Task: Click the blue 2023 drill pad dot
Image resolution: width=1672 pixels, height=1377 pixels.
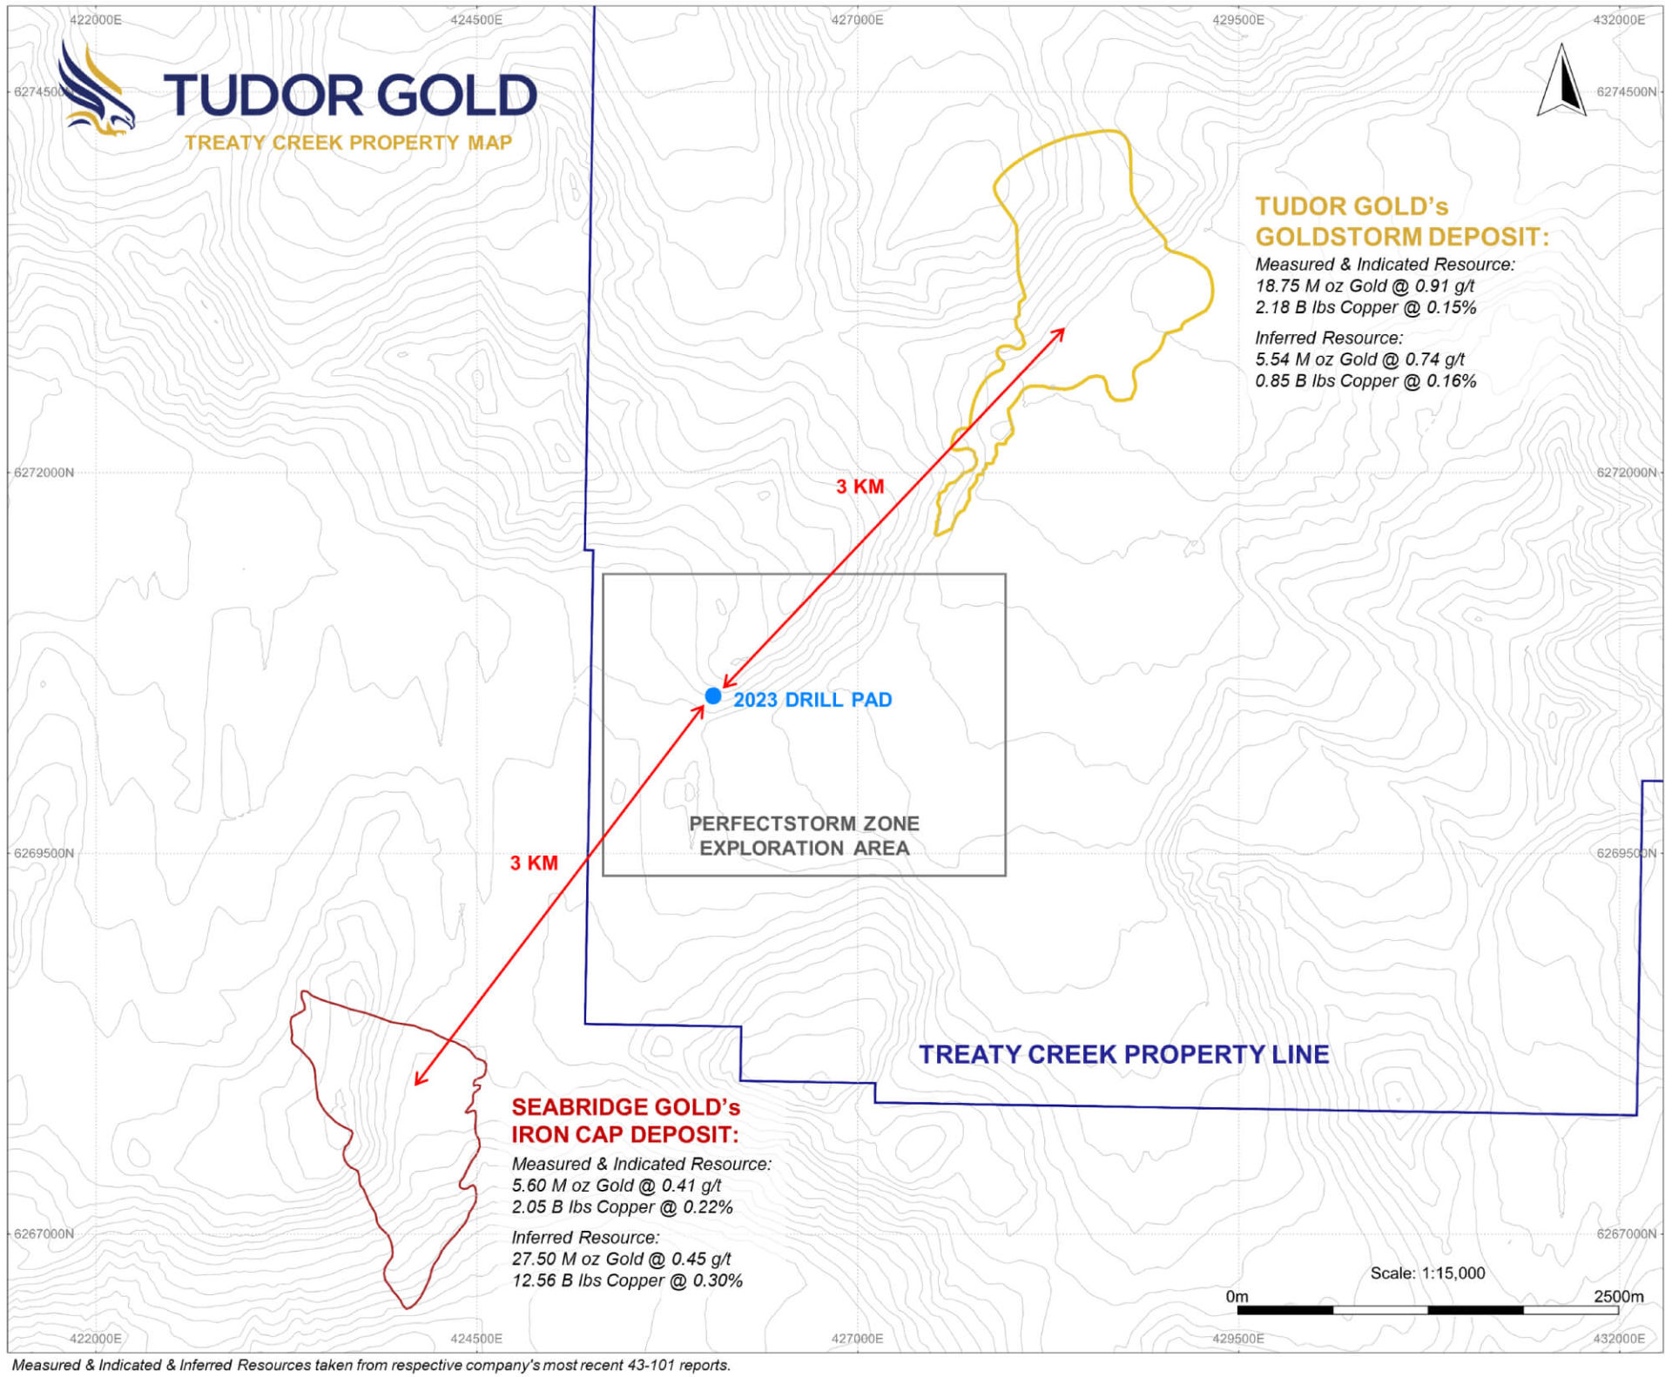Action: (x=713, y=695)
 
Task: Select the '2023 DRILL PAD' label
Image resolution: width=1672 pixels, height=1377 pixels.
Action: (x=812, y=700)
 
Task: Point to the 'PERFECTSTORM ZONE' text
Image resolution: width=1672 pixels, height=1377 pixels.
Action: (x=804, y=823)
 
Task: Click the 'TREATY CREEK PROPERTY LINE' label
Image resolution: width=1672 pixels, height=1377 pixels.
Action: (x=1123, y=1054)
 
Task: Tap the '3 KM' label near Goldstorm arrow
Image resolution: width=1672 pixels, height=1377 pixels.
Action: (x=860, y=487)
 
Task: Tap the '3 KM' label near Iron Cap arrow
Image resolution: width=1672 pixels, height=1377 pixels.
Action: (x=534, y=863)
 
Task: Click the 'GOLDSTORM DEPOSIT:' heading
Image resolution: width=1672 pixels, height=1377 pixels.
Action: (x=1401, y=237)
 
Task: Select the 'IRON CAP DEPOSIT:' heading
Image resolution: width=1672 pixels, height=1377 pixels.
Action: (x=624, y=1134)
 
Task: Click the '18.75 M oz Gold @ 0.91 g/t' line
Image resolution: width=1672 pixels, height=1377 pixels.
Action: (x=1365, y=285)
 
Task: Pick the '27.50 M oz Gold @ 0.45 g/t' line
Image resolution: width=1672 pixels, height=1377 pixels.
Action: (x=621, y=1259)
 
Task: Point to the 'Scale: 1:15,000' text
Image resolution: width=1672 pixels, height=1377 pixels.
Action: (x=1427, y=1273)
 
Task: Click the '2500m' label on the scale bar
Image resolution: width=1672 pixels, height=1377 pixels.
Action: (x=1618, y=1296)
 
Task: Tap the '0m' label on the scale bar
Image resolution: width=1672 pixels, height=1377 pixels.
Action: (x=1237, y=1296)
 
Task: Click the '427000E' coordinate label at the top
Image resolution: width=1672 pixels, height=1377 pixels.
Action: (x=857, y=19)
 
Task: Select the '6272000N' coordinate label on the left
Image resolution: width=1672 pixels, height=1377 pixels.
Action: (x=44, y=473)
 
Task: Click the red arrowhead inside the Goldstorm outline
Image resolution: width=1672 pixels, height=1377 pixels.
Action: (x=1060, y=332)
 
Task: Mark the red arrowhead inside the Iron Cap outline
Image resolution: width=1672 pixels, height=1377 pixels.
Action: (x=419, y=1080)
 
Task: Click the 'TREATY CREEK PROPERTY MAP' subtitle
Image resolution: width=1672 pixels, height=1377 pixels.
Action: (x=348, y=143)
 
